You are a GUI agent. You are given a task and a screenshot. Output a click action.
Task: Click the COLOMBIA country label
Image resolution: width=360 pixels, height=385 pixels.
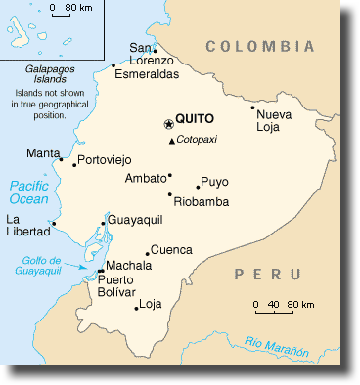[x=260, y=46]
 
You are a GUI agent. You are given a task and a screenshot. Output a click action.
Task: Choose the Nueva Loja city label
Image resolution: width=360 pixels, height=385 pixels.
[x=274, y=120]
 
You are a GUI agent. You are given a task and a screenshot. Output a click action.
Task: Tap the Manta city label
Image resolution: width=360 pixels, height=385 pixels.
[x=42, y=153]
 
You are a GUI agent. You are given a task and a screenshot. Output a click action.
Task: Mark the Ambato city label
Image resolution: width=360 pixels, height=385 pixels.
[x=146, y=178]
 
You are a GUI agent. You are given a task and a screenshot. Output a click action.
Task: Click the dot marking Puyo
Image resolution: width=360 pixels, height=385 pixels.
[x=198, y=186]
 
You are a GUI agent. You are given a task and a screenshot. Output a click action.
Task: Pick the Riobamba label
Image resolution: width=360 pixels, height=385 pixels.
[x=201, y=201]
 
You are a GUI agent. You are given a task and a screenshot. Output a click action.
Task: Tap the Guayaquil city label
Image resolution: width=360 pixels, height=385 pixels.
[x=136, y=221]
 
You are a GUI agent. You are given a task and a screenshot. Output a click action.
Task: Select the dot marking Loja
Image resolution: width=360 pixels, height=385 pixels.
[x=136, y=309]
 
